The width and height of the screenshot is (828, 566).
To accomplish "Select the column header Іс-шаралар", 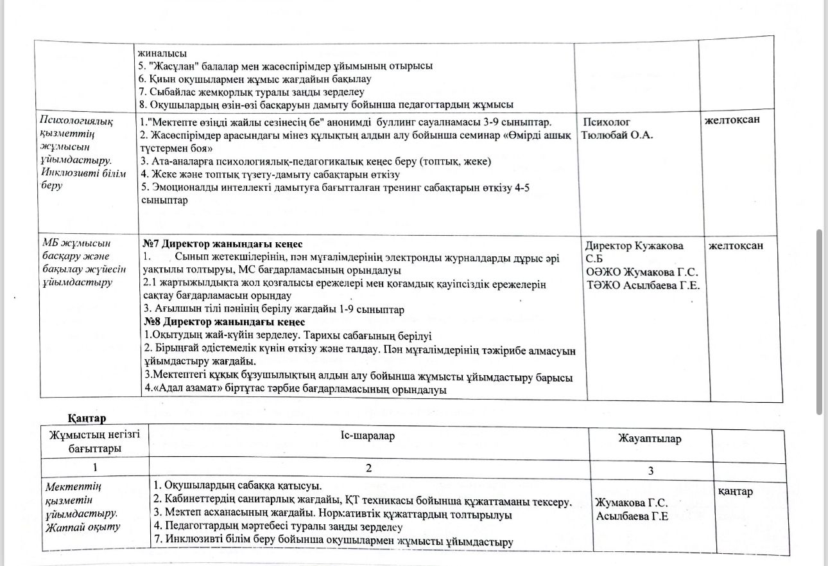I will click(x=368, y=436).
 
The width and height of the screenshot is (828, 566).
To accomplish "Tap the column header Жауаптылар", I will click(x=650, y=439).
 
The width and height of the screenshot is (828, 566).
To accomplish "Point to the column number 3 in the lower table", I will click(x=650, y=471).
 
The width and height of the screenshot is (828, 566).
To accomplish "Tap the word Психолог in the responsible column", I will click(x=607, y=122).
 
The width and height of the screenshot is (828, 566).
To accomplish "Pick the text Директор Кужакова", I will click(x=634, y=246).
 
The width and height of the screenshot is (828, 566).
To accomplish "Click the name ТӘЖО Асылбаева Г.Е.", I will click(x=643, y=285).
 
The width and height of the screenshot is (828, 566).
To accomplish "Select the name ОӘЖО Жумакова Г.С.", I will click(x=642, y=272).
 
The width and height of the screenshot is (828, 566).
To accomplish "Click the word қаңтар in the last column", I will click(x=735, y=491).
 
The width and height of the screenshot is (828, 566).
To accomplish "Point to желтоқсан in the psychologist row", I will click(x=737, y=119).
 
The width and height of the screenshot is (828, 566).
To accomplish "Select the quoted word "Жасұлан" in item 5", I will click(x=173, y=66).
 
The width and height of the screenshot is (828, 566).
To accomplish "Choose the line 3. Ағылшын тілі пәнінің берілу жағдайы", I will click(x=273, y=309).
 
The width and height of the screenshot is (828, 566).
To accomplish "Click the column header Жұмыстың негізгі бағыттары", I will click(x=94, y=442).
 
